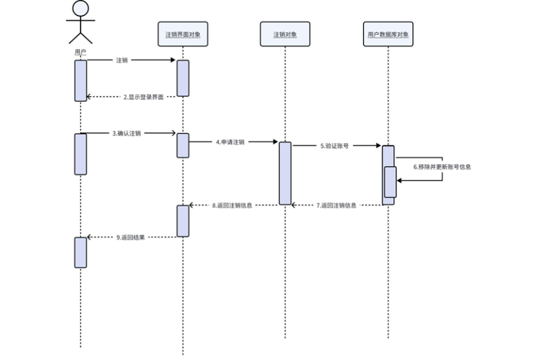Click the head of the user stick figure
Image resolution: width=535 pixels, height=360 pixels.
point(80,8)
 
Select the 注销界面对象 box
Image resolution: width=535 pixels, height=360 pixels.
point(183,34)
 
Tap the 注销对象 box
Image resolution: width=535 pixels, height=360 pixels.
point(285,34)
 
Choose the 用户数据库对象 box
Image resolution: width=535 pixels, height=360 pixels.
point(387,34)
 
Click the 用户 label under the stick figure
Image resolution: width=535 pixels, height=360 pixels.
point(80,51)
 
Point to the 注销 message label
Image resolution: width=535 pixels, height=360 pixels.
point(122,61)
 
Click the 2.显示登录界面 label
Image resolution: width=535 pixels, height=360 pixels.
point(143,97)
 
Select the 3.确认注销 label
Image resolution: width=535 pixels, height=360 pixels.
point(126,133)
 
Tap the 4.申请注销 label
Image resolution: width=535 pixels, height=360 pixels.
point(230,142)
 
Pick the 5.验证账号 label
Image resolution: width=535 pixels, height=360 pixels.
point(335,146)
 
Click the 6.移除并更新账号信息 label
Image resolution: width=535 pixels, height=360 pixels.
point(442,167)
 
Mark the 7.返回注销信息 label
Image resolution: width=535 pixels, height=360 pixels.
point(335,205)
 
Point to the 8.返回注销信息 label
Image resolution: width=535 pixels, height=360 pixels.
point(232,205)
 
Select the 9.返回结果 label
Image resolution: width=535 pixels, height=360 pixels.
point(131,237)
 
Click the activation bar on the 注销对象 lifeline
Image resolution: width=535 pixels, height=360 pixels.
point(285,173)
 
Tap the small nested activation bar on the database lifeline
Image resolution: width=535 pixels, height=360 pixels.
point(391,182)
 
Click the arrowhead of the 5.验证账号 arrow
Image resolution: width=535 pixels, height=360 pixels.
point(378,146)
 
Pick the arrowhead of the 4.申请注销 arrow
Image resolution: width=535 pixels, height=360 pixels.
point(275,142)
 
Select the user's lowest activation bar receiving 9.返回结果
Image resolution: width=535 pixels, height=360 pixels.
point(80,252)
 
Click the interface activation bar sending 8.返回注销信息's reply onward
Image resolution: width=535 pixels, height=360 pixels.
point(183,221)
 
